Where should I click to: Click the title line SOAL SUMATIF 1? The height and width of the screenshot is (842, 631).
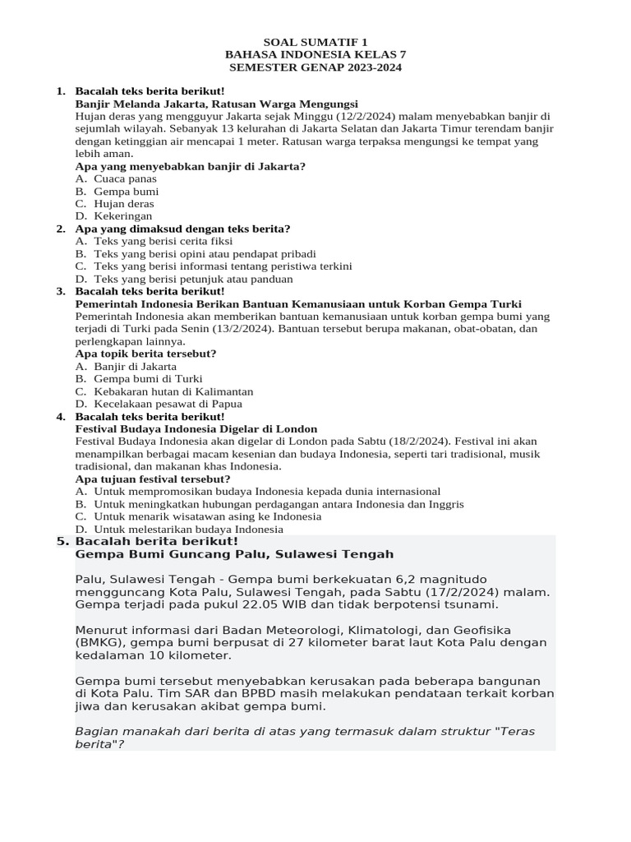(x=315, y=41)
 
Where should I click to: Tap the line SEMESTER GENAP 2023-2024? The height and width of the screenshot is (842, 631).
(x=315, y=67)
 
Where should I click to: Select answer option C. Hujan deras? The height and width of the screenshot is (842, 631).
(x=123, y=203)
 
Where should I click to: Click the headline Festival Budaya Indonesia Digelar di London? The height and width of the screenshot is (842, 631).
(x=196, y=429)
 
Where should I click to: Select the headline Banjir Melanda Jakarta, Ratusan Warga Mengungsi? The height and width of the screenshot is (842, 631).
(x=216, y=104)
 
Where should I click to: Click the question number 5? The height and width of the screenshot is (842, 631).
(x=62, y=542)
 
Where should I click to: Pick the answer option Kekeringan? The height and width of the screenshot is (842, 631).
(x=123, y=216)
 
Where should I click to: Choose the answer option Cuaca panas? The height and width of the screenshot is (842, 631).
(x=125, y=178)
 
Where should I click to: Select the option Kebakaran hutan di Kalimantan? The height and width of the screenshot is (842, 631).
(x=173, y=391)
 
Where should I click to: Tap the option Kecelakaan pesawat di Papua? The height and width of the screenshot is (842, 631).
(x=168, y=404)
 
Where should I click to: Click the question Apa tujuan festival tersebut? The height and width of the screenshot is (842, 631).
(x=153, y=479)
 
